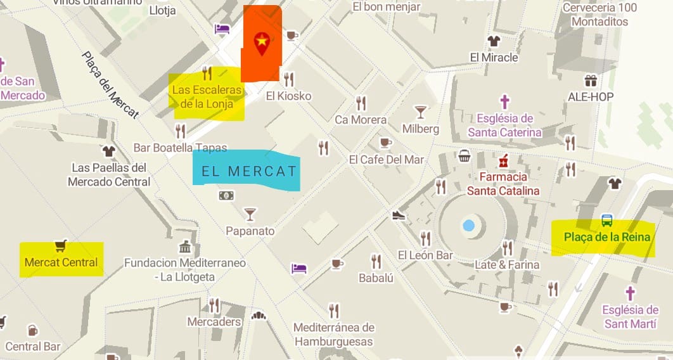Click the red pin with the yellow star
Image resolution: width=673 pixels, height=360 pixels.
point(261,43)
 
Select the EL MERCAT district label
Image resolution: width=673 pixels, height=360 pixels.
point(248,171)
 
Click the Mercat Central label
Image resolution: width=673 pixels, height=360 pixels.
point(61,262)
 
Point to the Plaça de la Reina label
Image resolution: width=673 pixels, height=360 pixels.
point(607,237)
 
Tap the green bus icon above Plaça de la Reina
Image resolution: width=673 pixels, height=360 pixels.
point(607,221)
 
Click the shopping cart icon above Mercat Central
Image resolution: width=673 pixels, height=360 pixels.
point(61,245)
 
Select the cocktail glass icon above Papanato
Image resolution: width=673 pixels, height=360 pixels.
point(250,214)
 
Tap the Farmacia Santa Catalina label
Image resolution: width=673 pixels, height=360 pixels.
point(504,183)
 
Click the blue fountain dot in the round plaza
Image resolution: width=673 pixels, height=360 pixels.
point(468,225)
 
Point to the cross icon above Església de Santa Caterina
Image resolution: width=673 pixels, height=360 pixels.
point(504,101)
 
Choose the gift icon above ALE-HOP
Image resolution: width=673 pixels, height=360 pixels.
point(591,80)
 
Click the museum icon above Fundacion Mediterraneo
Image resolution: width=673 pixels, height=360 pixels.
point(185,247)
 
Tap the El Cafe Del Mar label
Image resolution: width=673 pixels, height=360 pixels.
point(387,160)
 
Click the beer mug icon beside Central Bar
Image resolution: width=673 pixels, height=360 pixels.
point(32,330)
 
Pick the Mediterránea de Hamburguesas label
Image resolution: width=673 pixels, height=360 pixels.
point(334,335)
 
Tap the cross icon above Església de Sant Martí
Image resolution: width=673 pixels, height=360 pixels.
point(630,293)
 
